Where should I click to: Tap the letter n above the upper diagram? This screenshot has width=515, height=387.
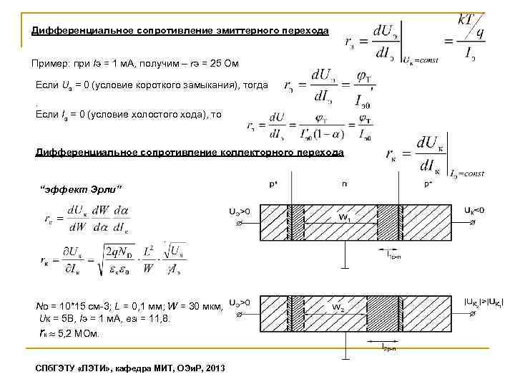click(345, 184)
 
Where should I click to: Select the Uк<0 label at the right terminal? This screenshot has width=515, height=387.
click(474, 210)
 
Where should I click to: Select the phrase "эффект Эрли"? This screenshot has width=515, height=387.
click(80, 188)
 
